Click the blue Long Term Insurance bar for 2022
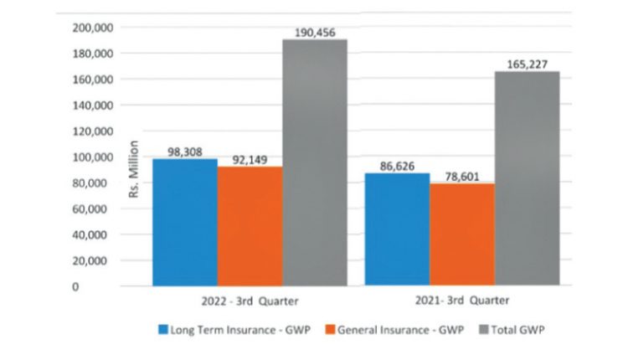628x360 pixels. point(184,222)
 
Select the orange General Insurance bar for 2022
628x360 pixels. point(250,226)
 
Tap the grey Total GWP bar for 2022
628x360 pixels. point(315,162)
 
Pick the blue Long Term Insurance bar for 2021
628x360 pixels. point(396,229)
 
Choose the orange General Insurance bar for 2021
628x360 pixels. point(461,234)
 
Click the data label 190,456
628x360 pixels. point(315,32)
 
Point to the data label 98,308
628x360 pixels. point(184,152)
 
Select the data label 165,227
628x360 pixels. point(527,64)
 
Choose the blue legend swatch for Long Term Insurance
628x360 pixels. point(163,329)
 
